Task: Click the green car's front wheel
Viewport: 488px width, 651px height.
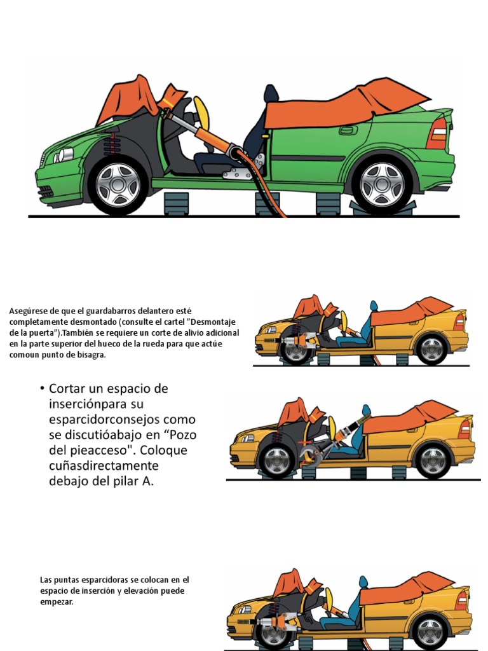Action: pos(118,184)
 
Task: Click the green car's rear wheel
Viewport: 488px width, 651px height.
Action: pos(382,184)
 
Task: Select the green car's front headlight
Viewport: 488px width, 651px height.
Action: pos(64,154)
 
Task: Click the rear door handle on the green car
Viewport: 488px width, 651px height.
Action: pos(348,130)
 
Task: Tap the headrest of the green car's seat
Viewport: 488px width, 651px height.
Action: pos(271,94)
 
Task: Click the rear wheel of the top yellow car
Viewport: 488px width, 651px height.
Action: pos(431,350)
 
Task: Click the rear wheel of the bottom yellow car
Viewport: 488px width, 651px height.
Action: pos(430,633)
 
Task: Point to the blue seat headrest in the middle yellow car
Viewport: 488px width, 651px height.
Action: pos(366,411)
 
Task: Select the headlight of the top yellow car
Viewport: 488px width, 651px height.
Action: pos(270,330)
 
